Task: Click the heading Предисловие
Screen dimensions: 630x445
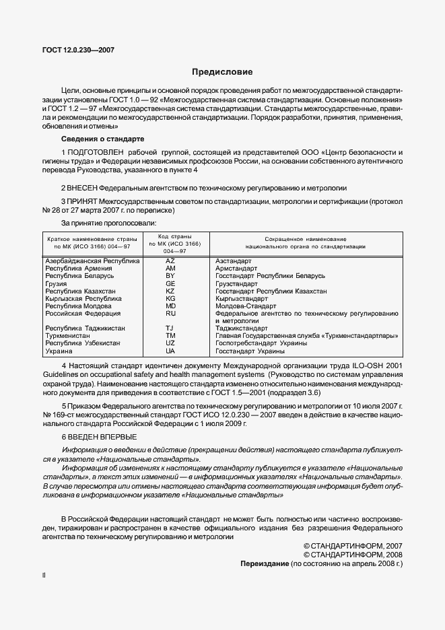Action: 222,71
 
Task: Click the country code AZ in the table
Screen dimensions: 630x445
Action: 170,260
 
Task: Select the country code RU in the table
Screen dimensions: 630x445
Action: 170,313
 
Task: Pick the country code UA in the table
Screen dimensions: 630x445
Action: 170,351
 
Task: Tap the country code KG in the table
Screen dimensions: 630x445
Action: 170,298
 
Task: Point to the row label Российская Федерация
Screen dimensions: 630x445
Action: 83,313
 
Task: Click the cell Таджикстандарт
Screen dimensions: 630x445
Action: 240,328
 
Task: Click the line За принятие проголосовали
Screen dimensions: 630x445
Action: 109,222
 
